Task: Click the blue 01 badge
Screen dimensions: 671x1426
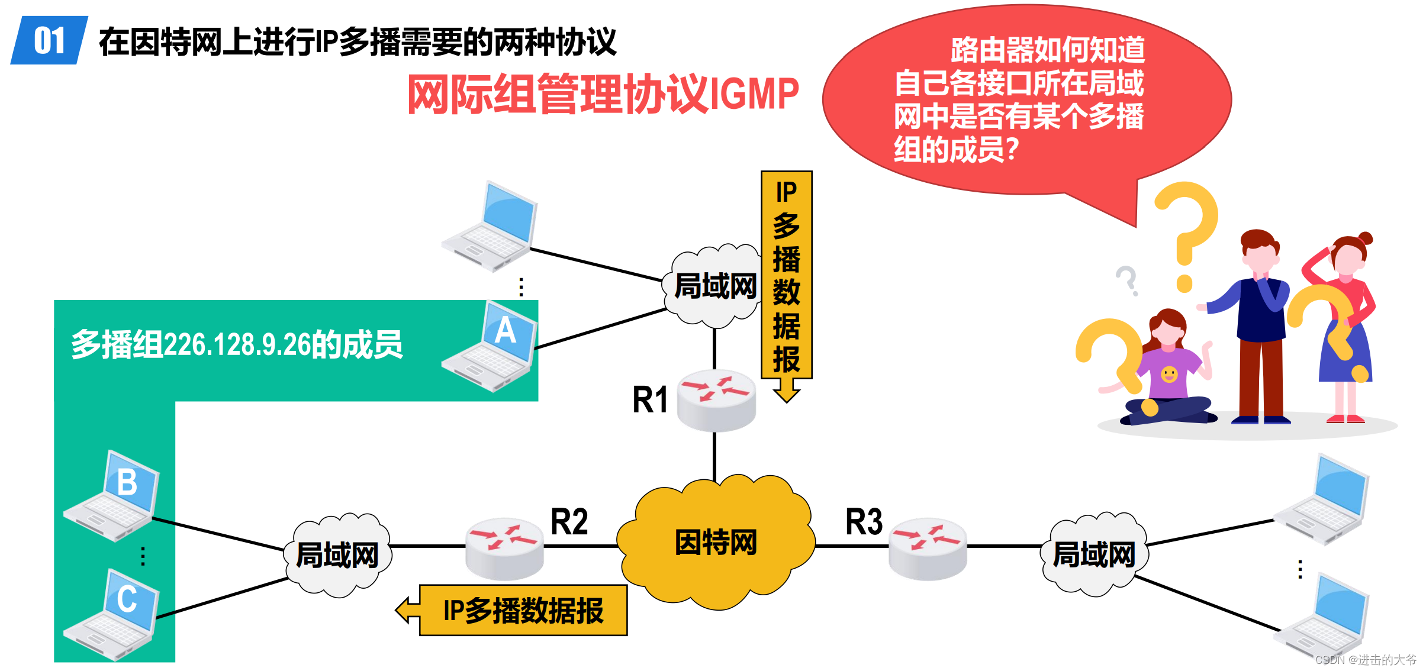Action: click(50, 40)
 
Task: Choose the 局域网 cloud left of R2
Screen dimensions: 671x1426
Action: click(337, 555)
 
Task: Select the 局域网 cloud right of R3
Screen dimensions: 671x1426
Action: click(1094, 555)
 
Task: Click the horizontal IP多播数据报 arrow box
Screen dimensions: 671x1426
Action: click(522, 611)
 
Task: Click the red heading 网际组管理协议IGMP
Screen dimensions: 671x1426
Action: click(603, 93)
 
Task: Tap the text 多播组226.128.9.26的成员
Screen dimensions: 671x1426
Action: click(237, 344)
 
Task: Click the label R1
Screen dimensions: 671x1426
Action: click(649, 399)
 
